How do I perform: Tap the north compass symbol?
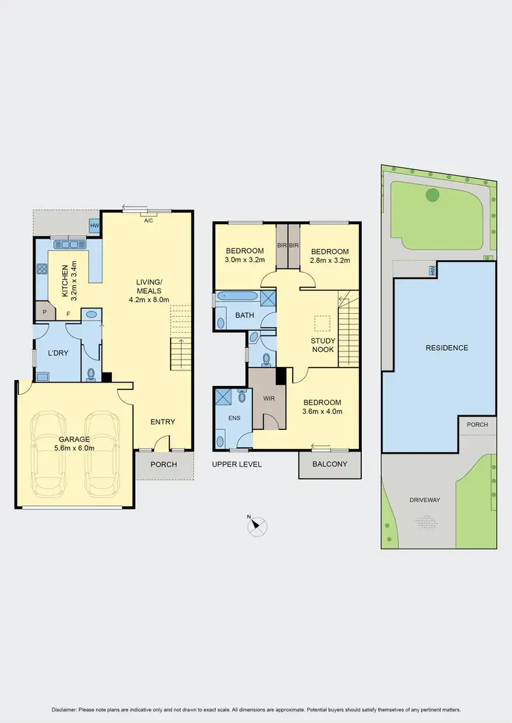[257, 526]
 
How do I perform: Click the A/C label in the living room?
[147, 220]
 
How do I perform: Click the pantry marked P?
[45, 312]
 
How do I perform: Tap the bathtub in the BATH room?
[238, 297]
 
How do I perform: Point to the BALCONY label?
[329, 464]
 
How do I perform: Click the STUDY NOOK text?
[322, 345]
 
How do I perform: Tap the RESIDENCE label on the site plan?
[446, 348]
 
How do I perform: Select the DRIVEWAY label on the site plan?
[425, 500]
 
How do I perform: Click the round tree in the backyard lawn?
[432, 195]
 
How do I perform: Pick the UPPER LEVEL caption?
[237, 464]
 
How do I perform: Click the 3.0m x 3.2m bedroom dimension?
[244, 260]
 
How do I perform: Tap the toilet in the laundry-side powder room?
[91, 373]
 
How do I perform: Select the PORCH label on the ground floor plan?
[163, 464]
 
